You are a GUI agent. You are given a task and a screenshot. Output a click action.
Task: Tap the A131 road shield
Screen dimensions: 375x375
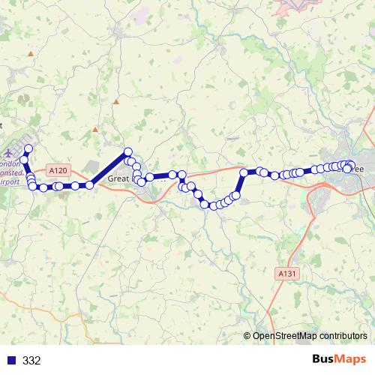tap(283, 273)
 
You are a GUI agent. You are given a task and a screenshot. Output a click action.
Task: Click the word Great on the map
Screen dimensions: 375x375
tap(119, 178)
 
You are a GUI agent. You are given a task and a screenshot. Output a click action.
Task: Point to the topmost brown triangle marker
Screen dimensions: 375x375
tap(30, 54)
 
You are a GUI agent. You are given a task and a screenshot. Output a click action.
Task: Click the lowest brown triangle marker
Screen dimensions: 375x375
tap(95, 129)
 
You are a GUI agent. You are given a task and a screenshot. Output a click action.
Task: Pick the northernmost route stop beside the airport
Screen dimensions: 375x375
tap(28, 148)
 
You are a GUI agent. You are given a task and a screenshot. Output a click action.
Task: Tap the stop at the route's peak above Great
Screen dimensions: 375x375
tap(127, 151)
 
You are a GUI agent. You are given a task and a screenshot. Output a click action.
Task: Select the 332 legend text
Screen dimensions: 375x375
tap(31, 361)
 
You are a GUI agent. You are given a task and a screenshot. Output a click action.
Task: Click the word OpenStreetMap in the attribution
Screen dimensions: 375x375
tap(288, 336)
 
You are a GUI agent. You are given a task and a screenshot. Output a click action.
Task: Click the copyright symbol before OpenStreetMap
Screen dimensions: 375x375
tap(247, 336)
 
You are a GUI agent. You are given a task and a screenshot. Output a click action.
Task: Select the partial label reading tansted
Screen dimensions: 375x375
tap(10, 172)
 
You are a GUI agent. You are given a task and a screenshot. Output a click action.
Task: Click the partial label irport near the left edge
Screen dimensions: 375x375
tap(10, 181)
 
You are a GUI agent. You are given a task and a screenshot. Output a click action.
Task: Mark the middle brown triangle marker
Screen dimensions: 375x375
tap(116, 100)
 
